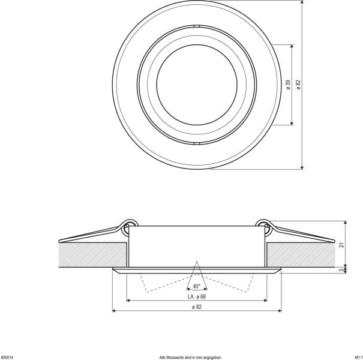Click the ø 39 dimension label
(288, 85)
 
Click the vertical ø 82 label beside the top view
(298, 85)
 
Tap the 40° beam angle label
(197, 286)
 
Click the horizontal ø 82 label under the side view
(197, 307)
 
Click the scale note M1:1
(356, 356)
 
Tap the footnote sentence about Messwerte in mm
(190, 356)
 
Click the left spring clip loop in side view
(128, 225)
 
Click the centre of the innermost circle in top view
(197, 85)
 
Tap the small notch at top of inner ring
(197, 27)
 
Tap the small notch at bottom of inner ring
(197, 142)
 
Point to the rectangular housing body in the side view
(197, 243)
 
